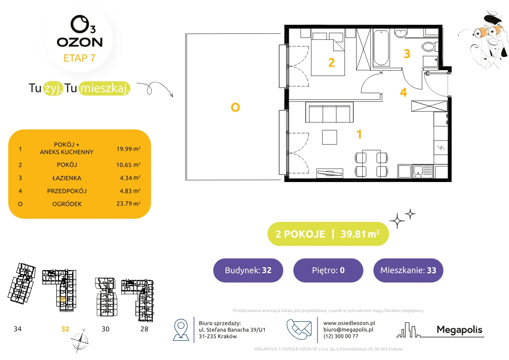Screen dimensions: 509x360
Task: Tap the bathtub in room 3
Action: [x=381, y=48]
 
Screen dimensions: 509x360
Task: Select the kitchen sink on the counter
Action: [x=422, y=171]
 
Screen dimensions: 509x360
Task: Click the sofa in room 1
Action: [x=329, y=112]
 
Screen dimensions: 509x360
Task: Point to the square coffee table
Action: [x=330, y=137]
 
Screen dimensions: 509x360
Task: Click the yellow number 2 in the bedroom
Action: [x=332, y=63]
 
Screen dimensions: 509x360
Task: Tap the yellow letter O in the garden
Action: [x=235, y=107]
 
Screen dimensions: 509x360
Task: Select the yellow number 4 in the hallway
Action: [x=403, y=92]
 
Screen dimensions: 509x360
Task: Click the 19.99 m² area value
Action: [x=128, y=149]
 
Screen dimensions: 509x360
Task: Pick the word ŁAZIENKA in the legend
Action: [x=67, y=178]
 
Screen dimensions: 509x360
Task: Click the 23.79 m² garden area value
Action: [x=128, y=203]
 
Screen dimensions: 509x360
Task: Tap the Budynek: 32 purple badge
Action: [x=248, y=270]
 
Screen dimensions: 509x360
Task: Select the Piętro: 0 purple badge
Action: [x=328, y=270]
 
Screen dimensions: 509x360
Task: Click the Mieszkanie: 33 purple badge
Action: [x=408, y=270]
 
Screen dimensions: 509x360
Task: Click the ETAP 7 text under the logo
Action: [x=79, y=58]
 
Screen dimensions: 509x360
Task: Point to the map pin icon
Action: [x=181, y=329]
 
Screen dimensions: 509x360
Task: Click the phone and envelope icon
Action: [x=299, y=329]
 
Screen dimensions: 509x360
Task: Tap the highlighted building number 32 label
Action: [x=65, y=329]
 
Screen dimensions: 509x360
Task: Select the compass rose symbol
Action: [x=80, y=341]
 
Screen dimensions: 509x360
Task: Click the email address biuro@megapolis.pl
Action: [x=348, y=329]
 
